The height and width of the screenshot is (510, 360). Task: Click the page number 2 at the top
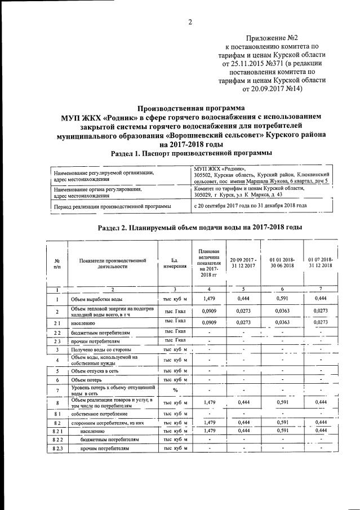click(x=190, y=23)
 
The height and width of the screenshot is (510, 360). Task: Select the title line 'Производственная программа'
click(x=192, y=108)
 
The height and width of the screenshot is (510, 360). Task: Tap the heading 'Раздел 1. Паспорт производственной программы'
click(x=192, y=153)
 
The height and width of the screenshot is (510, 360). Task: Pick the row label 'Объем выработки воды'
click(x=98, y=299)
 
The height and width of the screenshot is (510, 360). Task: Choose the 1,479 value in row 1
click(x=208, y=299)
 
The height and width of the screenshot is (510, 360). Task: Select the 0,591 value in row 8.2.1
click(x=282, y=430)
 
